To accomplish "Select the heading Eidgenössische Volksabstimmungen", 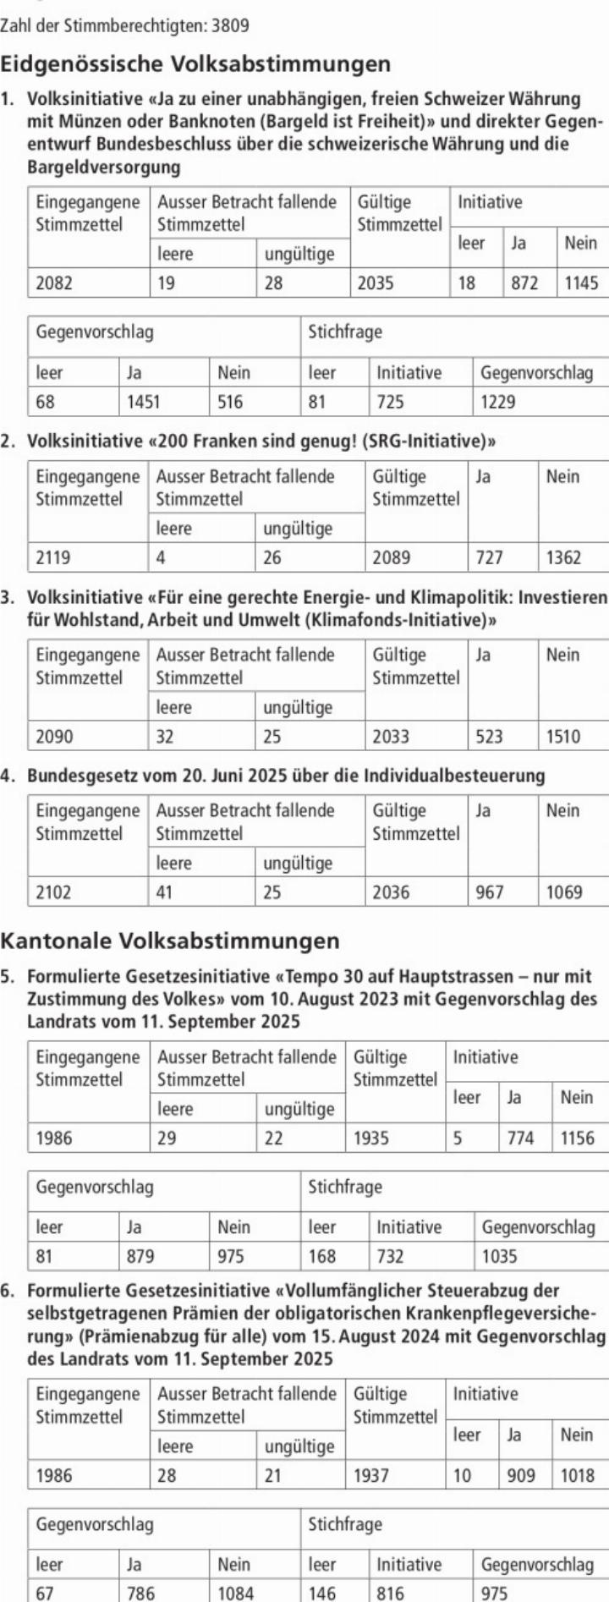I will pyautogui.click(x=195, y=64).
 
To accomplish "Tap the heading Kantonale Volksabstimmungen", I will pyautogui.click(x=170, y=941).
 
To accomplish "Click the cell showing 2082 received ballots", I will pyautogui.click(x=54, y=283).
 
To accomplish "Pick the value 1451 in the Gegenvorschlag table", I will pyautogui.click(x=143, y=402).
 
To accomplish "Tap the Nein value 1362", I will pyautogui.click(x=563, y=557).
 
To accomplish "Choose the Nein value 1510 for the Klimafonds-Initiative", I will pyautogui.click(x=563, y=737).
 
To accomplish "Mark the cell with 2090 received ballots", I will pyautogui.click(x=54, y=737).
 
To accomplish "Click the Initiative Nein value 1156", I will pyautogui.click(x=577, y=1138).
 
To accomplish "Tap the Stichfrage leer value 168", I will pyautogui.click(x=322, y=1257).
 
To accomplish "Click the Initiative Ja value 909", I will pyautogui.click(x=520, y=1476).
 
